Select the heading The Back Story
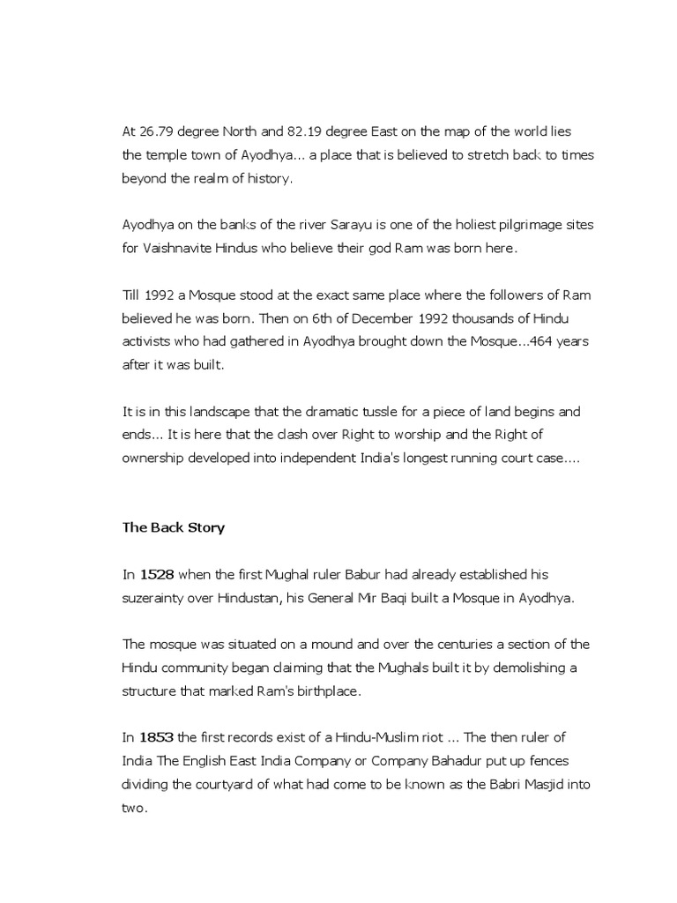tap(173, 528)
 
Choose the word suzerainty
tap(153, 598)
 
